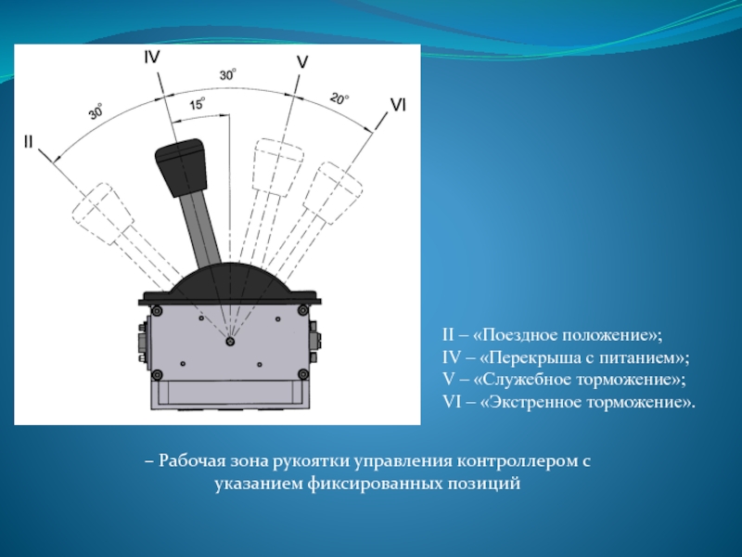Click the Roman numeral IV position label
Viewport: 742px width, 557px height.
pyautogui.click(x=152, y=58)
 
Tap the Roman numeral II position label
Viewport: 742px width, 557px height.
pyautogui.click(x=28, y=141)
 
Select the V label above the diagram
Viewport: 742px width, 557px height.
pyautogui.click(x=302, y=62)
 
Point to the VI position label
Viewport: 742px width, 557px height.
pyautogui.click(x=398, y=105)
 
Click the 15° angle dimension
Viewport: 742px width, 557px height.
pyautogui.click(x=198, y=104)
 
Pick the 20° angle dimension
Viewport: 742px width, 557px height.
pyautogui.click(x=339, y=98)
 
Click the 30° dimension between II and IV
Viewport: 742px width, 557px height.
pyautogui.click(x=96, y=111)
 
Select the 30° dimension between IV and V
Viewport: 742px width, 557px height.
pyautogui.click(x=227, y=75)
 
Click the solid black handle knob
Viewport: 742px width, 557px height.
pyautogui.click(x=181, y=167)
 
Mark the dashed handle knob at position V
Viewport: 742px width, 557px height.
pyautogui.click(x=277, y=167)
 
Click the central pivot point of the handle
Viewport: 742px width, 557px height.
pyautogui.click(x=230, y=342)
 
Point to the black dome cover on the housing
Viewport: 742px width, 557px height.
pyautogui.click(x=229, y=280)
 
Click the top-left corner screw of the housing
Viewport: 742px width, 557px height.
pyautogui.click(x=157, y=311)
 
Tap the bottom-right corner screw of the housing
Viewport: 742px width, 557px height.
pyautogui.click(x=303, y=375)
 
